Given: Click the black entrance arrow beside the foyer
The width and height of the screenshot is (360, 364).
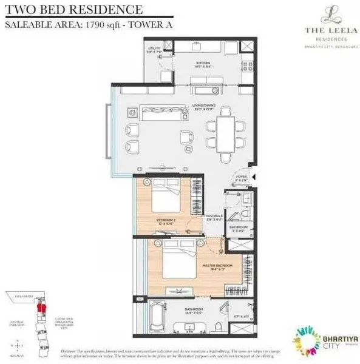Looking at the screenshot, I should [x=255, y=177].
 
